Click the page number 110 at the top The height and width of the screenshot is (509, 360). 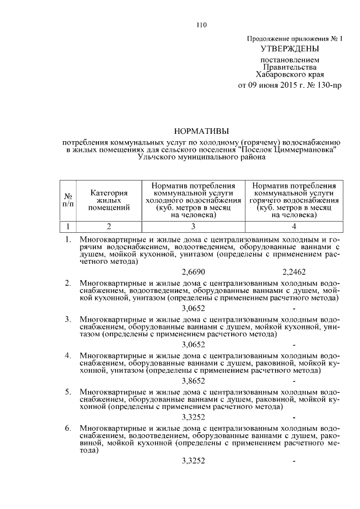pos(202,24)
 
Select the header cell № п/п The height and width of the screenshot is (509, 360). pos(68,200)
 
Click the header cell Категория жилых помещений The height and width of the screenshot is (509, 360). pos(109,200)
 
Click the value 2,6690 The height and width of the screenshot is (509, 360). pos(193,272)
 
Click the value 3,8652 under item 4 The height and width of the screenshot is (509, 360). pos(193,381)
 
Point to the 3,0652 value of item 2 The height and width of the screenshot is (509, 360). pos(193,308)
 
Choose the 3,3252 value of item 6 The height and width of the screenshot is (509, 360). pos(193,461)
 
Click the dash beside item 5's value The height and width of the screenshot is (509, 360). pos(294,418)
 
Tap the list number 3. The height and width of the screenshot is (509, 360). pos(67,319)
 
